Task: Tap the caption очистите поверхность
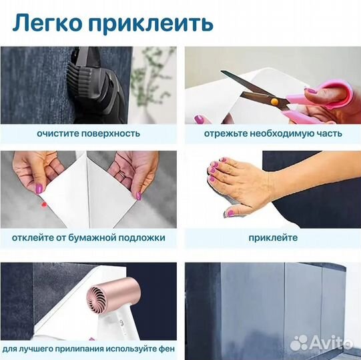point(88,133)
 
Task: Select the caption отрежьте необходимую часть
point(274,133)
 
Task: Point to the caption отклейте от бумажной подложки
point(88,237)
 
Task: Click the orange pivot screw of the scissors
point(274,101)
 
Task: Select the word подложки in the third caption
point(143,237)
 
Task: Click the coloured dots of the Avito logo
point(300,343)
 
